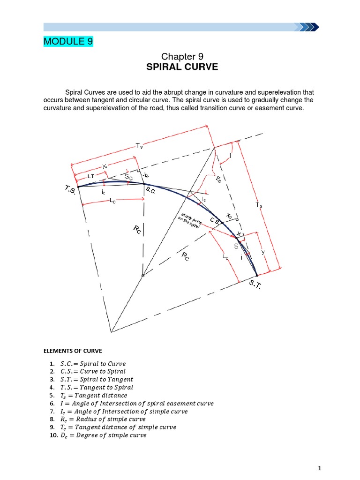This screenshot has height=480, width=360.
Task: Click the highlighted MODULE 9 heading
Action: click(x=68, y=42)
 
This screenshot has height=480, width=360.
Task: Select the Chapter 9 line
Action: click(x=182, y=57)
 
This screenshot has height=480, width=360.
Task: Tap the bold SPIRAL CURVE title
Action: click(x=182, y=67)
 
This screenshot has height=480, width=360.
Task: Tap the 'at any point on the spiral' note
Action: click(x=191, y=220)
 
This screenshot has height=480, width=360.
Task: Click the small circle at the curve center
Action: click(x=143, y=276)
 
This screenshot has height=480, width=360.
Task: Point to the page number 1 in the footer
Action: click(x=319, y=468)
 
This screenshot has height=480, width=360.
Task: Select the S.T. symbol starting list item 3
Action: click(x=68, y=379)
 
